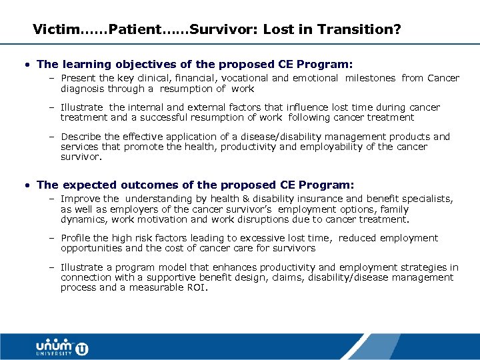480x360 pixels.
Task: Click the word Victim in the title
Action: [x=55, y=30]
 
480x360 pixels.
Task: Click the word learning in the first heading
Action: [x=88, y=65]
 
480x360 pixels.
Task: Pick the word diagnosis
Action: [x=82, y=89]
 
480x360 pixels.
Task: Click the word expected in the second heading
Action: [x=89, y=185]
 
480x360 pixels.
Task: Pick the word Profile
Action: [x=77, y=238]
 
